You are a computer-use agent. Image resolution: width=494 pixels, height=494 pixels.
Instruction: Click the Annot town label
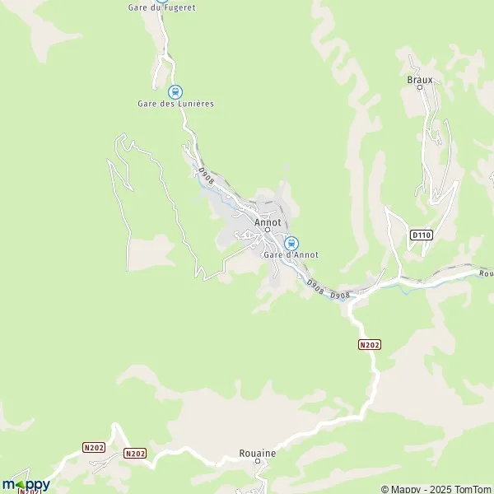268,222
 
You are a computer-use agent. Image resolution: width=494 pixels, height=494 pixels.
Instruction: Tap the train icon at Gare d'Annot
291,243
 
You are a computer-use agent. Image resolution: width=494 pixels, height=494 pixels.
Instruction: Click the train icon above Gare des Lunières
175,91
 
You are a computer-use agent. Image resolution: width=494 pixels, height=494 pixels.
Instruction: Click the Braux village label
420,80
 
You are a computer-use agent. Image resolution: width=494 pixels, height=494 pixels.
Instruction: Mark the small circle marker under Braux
421,88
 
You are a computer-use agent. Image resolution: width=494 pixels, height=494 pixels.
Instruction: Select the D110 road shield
421,235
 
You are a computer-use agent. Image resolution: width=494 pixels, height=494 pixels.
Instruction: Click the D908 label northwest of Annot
206,175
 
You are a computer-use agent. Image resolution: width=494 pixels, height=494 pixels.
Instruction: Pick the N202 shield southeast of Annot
370,344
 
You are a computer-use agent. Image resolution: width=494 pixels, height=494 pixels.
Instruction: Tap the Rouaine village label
257,454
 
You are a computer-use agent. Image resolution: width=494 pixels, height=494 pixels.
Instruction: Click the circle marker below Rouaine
257,462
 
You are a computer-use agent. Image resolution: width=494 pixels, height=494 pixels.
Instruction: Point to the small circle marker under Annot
268,231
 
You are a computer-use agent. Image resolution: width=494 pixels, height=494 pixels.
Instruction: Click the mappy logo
26,484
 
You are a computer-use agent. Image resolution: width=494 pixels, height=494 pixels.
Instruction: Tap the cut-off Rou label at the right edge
485,274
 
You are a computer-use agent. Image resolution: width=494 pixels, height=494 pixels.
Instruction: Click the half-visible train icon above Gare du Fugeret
163,2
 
